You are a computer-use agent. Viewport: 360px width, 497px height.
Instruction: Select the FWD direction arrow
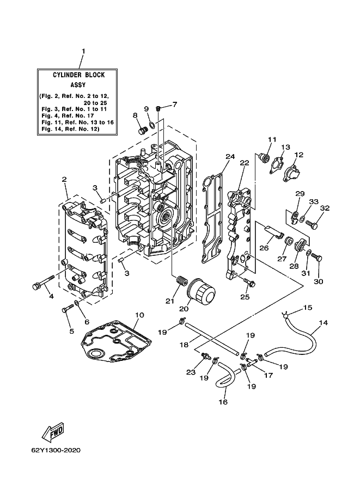click(x=53, y=432)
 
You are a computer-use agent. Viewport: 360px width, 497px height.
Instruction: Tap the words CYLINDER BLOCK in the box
click(x=78, y=75)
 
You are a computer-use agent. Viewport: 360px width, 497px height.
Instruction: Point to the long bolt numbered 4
click(x=44, y=281)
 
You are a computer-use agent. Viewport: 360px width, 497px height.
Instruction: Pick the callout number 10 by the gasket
click(x=139, y=315)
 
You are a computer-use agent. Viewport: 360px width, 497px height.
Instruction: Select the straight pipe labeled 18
click(x=211, y=339)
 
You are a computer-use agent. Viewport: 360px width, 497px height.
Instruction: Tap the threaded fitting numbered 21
click(x=181, y=280)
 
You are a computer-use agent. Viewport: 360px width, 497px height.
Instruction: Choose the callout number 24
click(x=230, y=156)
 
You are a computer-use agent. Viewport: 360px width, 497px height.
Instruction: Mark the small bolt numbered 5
click(x=67, y=308)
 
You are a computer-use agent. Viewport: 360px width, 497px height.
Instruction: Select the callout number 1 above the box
click(x=83, y=51)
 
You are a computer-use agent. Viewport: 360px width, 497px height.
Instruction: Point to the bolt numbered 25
click(x=249, y=282)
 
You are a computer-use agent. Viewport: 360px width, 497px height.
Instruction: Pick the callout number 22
click(x=245, y=163)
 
